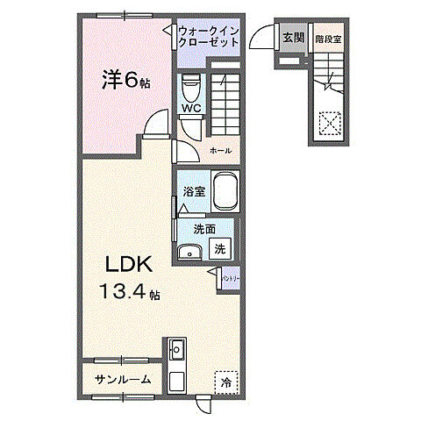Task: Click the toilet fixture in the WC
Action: (189, 89)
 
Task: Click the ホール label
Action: (220, 151)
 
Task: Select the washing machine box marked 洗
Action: (221, 249)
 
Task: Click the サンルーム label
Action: (123, 379)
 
